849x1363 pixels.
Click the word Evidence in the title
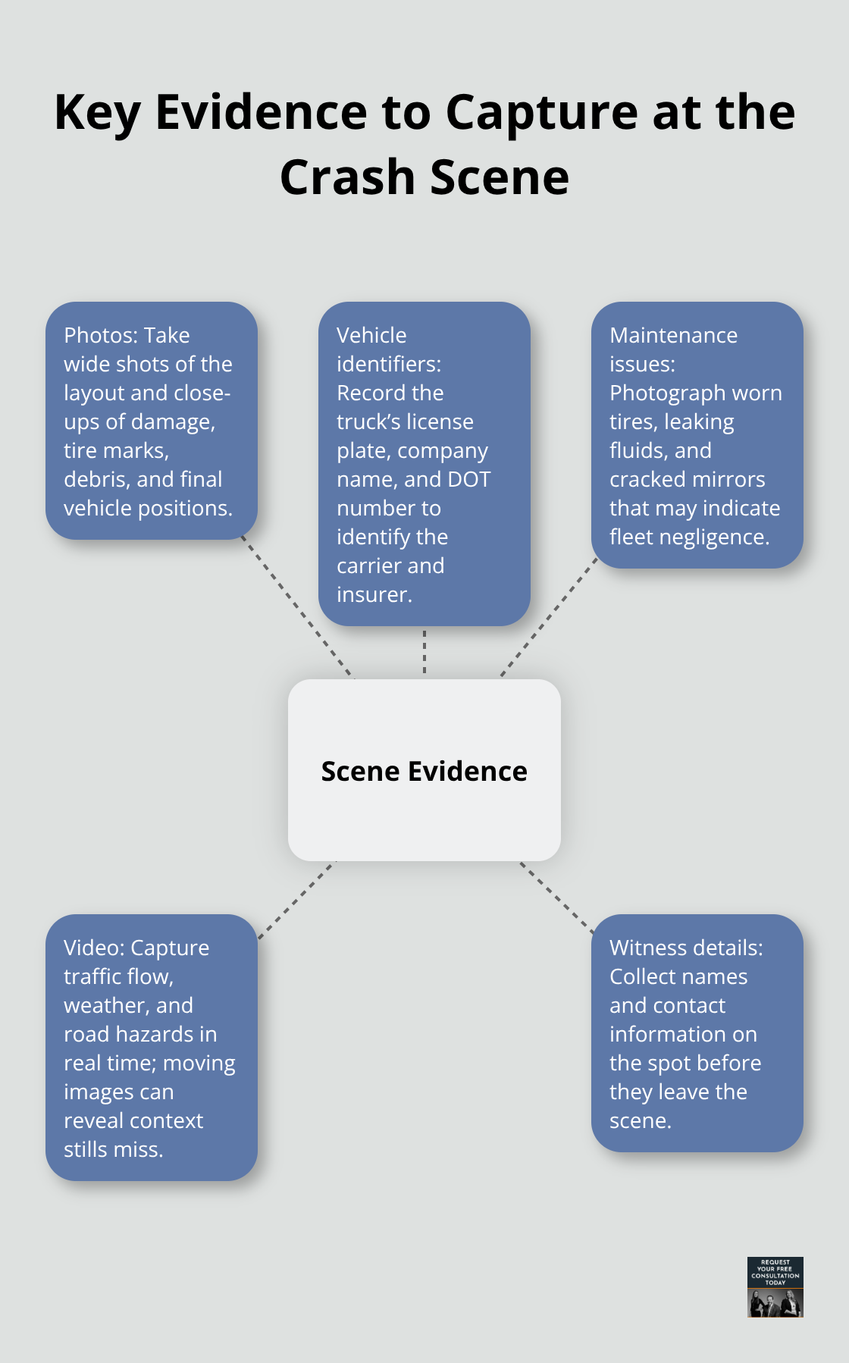(261, 112)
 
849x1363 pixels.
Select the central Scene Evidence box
(424, 770)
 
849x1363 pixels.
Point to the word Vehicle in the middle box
(371, 335)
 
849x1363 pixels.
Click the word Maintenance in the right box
(673, 335)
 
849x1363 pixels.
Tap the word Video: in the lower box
(94, 948)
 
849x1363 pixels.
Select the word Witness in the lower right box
(647, 948)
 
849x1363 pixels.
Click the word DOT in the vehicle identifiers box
(469, 479)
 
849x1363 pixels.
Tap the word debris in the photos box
(96, 479)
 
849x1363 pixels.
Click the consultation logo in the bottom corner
(775, 1286)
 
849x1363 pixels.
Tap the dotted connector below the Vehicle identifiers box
(424, 652)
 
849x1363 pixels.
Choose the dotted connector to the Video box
(296, 900)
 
